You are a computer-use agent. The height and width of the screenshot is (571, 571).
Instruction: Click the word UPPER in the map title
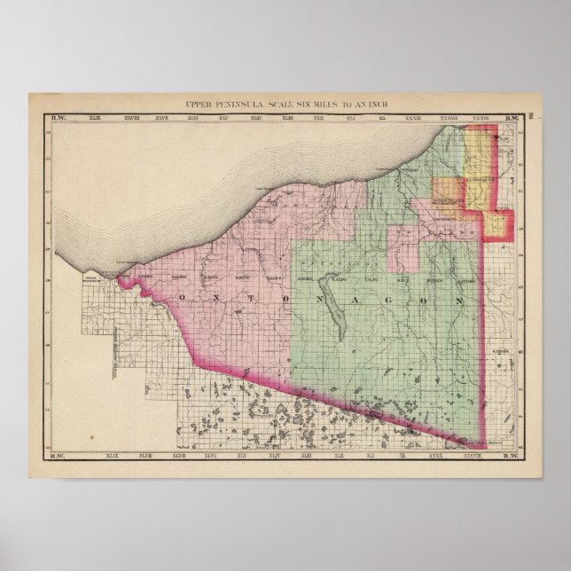click(197, 106)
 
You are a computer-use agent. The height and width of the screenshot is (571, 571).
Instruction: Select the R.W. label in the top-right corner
click(512, 118)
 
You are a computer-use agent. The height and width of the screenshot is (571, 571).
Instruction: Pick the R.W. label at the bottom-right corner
click(512, 457)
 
